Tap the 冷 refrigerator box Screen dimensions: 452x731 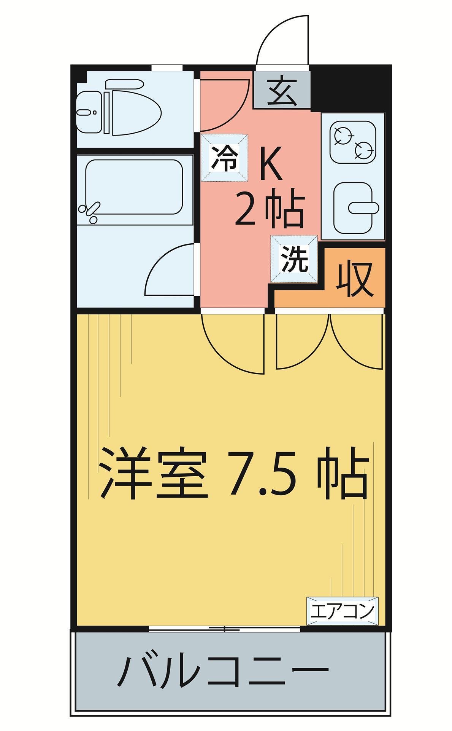click(225, 158)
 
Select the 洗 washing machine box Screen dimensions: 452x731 click(294, 259)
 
